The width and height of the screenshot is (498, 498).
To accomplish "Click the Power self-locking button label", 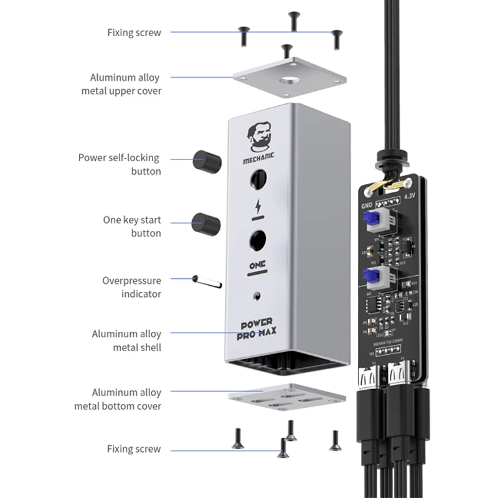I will coord(119,164).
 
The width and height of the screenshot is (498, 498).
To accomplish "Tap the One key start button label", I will coord(132,227).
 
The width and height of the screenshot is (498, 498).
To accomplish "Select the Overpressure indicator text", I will coord(131,287).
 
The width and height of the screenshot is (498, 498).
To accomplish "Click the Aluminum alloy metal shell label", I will coord(126,341).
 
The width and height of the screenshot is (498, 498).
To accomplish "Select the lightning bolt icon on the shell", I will coord(256,207).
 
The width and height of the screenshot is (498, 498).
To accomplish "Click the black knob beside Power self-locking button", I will coord(207,161).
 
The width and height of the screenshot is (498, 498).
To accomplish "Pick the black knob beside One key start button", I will coord(206,223).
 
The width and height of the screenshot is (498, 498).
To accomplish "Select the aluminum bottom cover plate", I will coord(286,401).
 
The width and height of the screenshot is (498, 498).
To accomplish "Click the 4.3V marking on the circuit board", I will coord(410,195).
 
